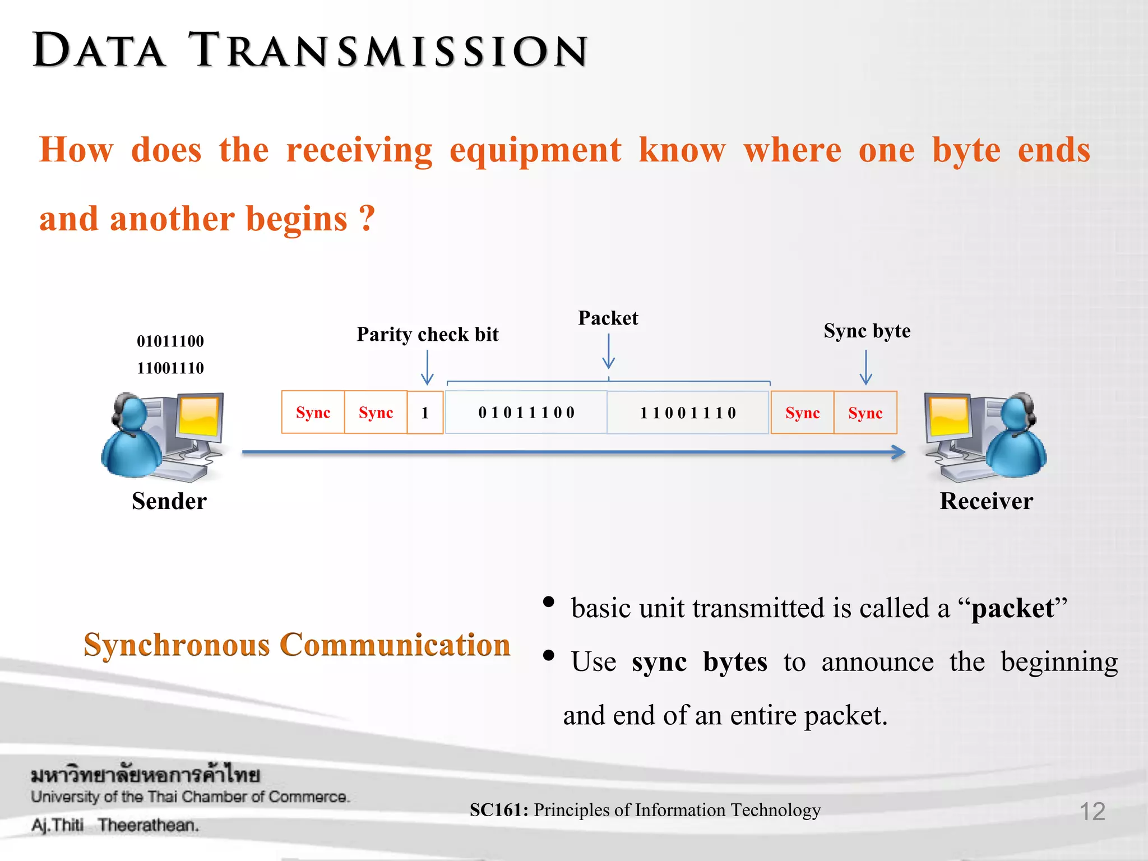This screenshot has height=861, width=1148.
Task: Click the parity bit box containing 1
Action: click(425, 413)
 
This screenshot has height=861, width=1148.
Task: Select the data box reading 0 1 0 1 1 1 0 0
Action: click(526, 413)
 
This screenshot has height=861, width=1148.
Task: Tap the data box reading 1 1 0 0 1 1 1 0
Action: click(688, 413)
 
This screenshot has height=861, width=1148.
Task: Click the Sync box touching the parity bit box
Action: click(376, 413)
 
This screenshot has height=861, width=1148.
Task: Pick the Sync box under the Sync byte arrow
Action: click(865, 413)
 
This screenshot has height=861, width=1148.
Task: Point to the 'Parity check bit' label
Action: click(427, 335)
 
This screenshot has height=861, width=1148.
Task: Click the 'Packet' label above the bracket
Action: click(608, 318)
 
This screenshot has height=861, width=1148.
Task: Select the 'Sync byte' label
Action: click(867, 331)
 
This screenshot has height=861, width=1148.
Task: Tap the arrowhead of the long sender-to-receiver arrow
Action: click(899, 452)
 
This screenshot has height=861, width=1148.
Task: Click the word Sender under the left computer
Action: click(169, 501)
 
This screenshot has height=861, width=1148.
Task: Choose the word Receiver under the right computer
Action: click(986, 501)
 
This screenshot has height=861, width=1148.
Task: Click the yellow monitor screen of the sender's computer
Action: click(199, 416)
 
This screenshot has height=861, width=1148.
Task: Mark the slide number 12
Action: click(1092, 811)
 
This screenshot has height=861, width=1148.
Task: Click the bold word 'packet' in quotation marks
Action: click(1012, 608)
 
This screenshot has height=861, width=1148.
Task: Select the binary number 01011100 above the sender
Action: click(170, 341)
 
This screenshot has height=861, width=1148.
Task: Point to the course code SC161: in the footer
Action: click(499, 810)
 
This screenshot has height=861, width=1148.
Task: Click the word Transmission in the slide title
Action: click(388, 50)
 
